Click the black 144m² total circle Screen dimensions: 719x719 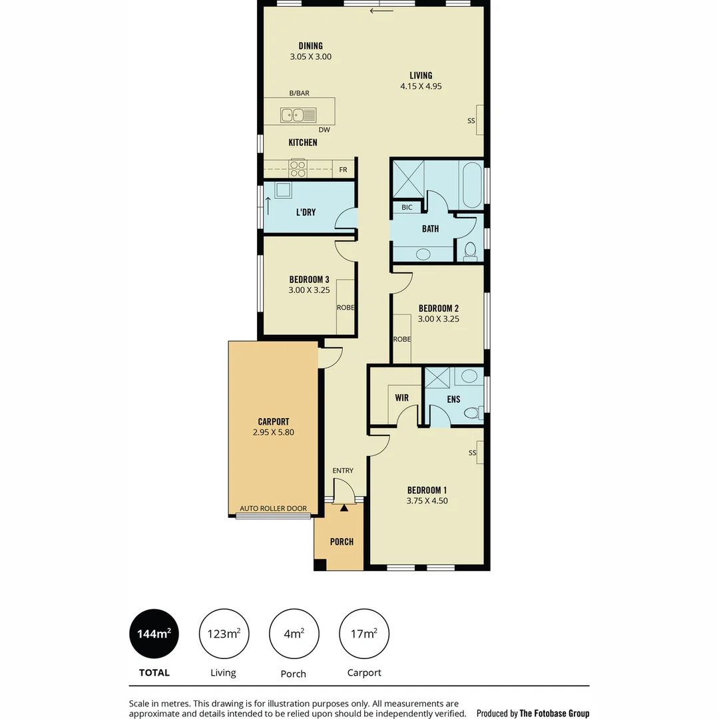pos(154,634)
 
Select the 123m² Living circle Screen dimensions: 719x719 pos(224,634)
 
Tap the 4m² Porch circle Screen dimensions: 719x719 pos(294,634)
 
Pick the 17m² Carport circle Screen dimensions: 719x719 pos(364,634)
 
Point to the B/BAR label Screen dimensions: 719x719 pos(299,94)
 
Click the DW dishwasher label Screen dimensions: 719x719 pos(324,130)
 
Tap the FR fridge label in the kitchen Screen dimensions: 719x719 pos(343,170)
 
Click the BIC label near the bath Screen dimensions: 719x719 pos(407,208)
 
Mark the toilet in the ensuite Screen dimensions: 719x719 pos(472,413)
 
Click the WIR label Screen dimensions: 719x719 pos(401,398)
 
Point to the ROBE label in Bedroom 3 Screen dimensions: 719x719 pos(345,308)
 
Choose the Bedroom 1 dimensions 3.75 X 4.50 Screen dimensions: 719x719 pos(427,501)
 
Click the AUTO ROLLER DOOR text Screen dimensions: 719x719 pos(273,509)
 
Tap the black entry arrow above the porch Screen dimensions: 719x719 pos(344,509)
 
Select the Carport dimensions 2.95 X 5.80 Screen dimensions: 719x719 pos(273,432)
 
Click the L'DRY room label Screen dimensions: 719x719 pos(306,212)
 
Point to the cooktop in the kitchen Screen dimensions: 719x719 pos(298,169)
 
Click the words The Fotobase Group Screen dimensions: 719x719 pos(554,713)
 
